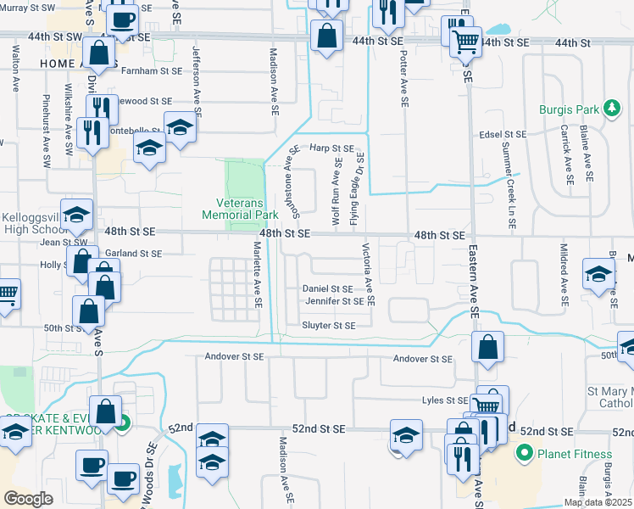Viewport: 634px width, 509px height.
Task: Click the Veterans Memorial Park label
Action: (240, 209)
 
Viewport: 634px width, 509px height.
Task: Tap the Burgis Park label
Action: (568, 109)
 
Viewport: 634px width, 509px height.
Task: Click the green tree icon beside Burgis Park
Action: (609, 109)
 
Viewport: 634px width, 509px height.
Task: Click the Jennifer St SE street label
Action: (334, 301)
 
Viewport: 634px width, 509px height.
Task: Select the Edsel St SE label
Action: (503, 134)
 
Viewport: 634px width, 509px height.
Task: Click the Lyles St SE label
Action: (445, 400)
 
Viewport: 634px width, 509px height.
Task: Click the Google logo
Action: (28, 499)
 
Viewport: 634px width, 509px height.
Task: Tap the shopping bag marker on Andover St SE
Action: (488, 346)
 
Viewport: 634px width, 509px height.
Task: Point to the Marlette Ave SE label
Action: (256, 273)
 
